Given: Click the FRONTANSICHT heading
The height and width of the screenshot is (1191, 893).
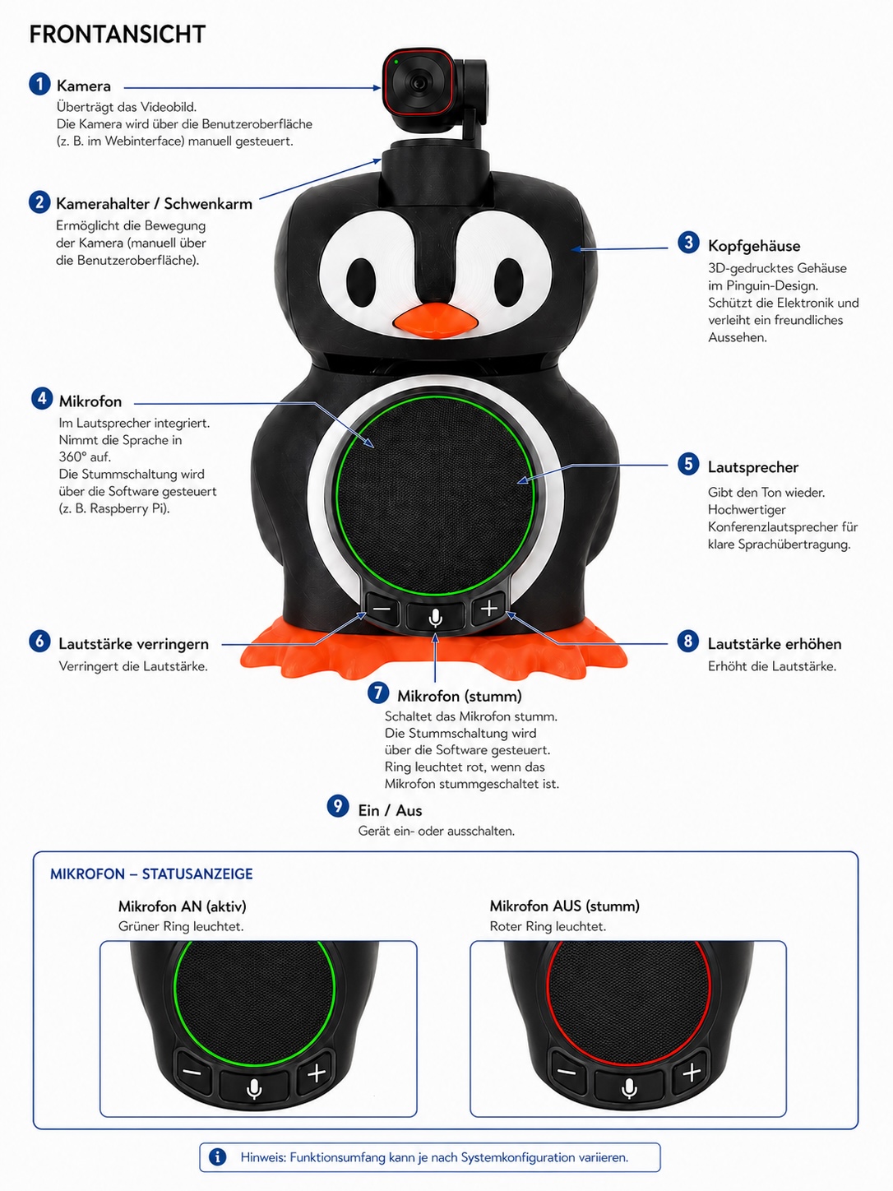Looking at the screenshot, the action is click(117, 35).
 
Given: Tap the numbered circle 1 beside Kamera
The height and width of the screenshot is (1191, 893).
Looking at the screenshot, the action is click(39, 85).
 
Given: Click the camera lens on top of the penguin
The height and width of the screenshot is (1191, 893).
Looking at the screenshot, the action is click(418, 84).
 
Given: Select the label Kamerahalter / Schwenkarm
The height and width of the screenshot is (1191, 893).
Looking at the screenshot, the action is click(154, 203).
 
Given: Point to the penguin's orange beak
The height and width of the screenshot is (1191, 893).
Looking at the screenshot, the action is click(435, 321).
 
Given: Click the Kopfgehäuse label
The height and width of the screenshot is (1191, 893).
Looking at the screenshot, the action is click(754, 246).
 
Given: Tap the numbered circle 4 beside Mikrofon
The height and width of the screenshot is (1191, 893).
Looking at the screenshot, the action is click(42, 399).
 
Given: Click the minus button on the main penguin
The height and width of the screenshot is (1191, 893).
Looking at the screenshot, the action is click(382, 609).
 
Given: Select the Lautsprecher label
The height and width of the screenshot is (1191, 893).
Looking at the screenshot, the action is click(753, 467).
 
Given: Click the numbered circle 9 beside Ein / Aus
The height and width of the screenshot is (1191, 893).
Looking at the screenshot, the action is click(338, 806).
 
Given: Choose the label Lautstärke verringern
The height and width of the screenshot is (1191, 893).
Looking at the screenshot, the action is click(133, 644).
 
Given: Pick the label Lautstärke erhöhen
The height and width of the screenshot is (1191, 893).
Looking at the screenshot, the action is click(775, 644).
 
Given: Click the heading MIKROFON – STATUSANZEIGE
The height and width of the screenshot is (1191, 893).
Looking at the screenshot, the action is click(151, 874).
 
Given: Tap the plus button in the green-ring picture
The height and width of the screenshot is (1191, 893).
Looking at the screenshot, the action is click(316, 1073).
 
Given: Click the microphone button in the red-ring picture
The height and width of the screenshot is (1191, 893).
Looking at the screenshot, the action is click(629, 1087).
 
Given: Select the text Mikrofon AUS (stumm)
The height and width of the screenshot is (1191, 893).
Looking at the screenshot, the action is click(564, 906).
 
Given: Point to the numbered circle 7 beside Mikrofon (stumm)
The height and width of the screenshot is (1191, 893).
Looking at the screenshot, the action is click(378, 693).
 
